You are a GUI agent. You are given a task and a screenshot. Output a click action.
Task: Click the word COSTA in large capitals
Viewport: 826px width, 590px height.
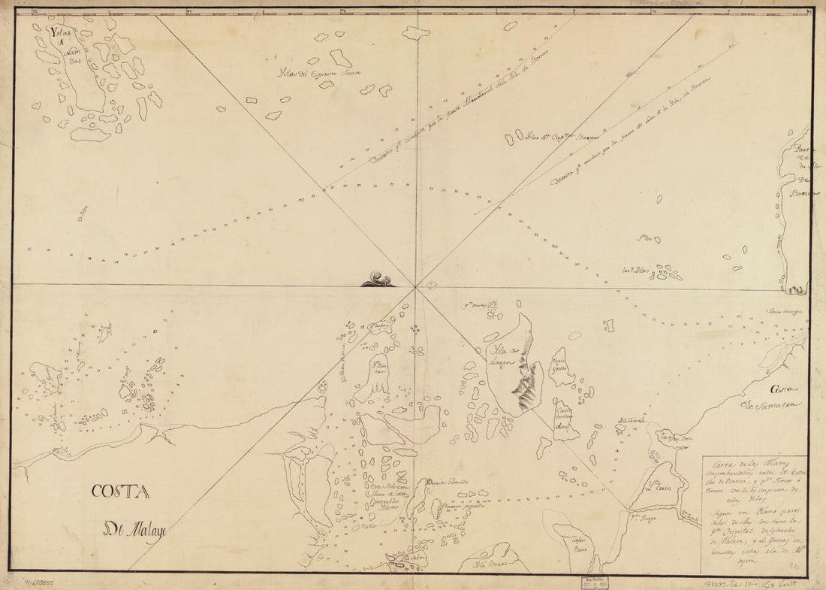coord(120,492)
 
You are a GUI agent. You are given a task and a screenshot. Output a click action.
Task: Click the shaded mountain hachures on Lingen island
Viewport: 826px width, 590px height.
coord(526,383)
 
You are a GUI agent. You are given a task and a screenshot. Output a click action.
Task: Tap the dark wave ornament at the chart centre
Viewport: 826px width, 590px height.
coord(378,280)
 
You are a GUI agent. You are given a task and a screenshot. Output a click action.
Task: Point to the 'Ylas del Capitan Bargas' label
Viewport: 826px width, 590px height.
coord(556,138)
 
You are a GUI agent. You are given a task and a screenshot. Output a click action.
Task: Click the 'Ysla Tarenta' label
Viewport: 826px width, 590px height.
coord(632,420)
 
